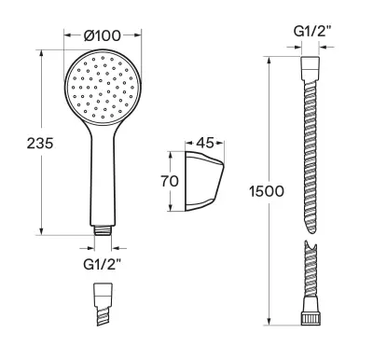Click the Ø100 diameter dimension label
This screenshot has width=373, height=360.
(x=103, y=36)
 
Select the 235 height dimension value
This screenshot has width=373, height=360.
(x=40, y=144)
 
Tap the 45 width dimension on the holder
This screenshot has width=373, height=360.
(x=205, y=143)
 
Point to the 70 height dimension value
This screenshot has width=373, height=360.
(x=170, y=181)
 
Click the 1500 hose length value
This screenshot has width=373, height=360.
(x=267, y=191)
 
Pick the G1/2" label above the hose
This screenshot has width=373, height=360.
(x=312, y=32)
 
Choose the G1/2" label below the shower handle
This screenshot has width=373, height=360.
(x=102, y=265)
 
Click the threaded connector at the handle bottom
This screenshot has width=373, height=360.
(x=103, y=230)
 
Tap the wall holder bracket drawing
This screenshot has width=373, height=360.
(x=204, y=182)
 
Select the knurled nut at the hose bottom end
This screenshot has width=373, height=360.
(x=311, y=320)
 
